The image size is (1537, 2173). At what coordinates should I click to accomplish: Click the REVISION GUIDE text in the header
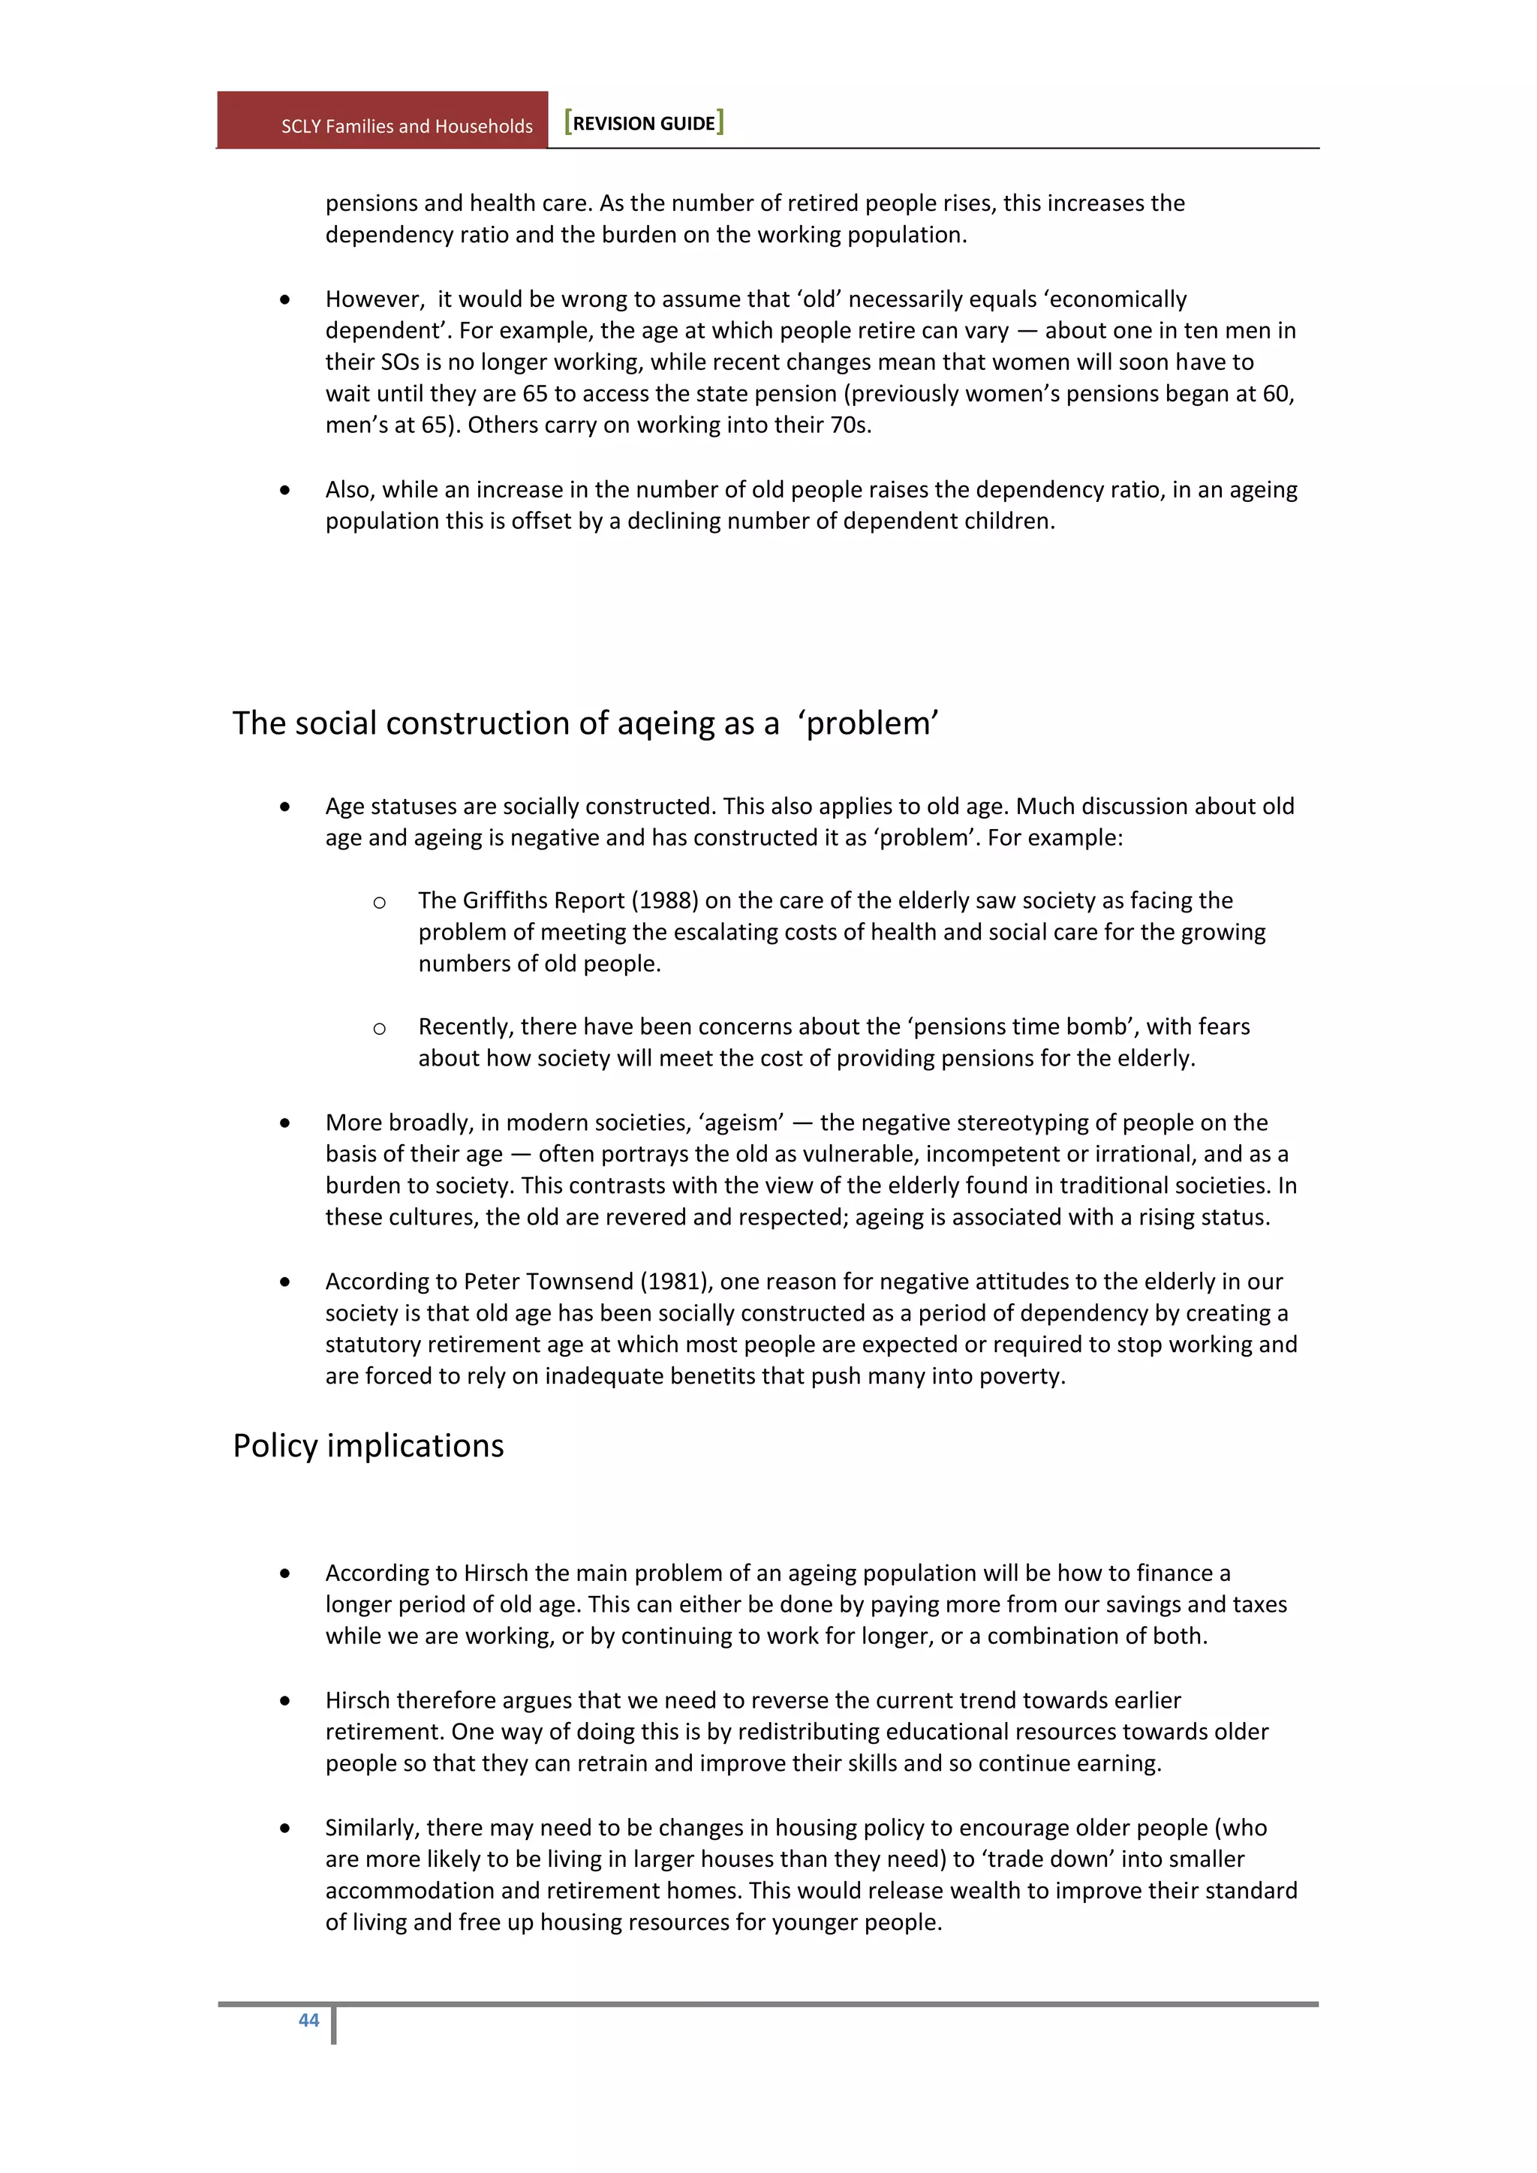[644, 123]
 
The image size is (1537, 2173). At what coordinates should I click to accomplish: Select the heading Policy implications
[368, 1445]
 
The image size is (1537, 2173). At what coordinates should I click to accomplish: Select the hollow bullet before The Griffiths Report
[380, 902]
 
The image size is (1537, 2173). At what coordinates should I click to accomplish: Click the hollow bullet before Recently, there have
[380, 1029]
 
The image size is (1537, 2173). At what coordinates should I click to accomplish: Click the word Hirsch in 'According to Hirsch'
[496, 1573]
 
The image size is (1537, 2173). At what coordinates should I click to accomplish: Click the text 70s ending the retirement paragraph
[848, 425]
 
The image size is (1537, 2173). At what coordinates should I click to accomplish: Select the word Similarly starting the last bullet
[373, 1828]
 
